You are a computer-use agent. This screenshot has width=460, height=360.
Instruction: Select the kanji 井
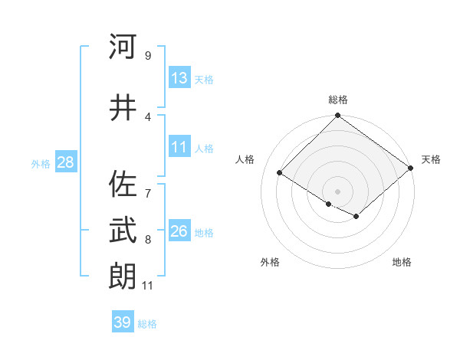(123, 108)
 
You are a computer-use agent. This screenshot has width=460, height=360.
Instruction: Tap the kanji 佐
(123, 185)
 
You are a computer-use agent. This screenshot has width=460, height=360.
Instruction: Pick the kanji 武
(123, 229)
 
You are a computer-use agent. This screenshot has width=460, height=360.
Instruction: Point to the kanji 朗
(123, 276)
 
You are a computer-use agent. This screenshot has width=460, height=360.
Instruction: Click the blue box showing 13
(179, 78)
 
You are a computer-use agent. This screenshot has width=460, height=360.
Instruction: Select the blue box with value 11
(179, 148)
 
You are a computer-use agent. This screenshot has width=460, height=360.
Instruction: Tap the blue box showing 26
(179, 231)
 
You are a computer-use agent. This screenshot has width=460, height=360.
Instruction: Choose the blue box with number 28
(65, 162)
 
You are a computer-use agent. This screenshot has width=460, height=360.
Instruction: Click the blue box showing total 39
(123, 322)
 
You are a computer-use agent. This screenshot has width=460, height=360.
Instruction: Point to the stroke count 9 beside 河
(147, 55)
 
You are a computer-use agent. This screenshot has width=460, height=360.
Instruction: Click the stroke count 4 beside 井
(147, 116)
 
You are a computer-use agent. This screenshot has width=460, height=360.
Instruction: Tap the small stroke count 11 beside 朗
(147, 286)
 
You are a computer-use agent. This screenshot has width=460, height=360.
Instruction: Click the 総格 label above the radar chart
(338, 100)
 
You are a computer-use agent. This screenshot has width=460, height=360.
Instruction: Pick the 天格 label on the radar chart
(431, 159)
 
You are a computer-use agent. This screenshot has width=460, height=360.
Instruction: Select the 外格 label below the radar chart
(270, 262)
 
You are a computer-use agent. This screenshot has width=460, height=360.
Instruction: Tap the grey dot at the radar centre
(337, 190)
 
